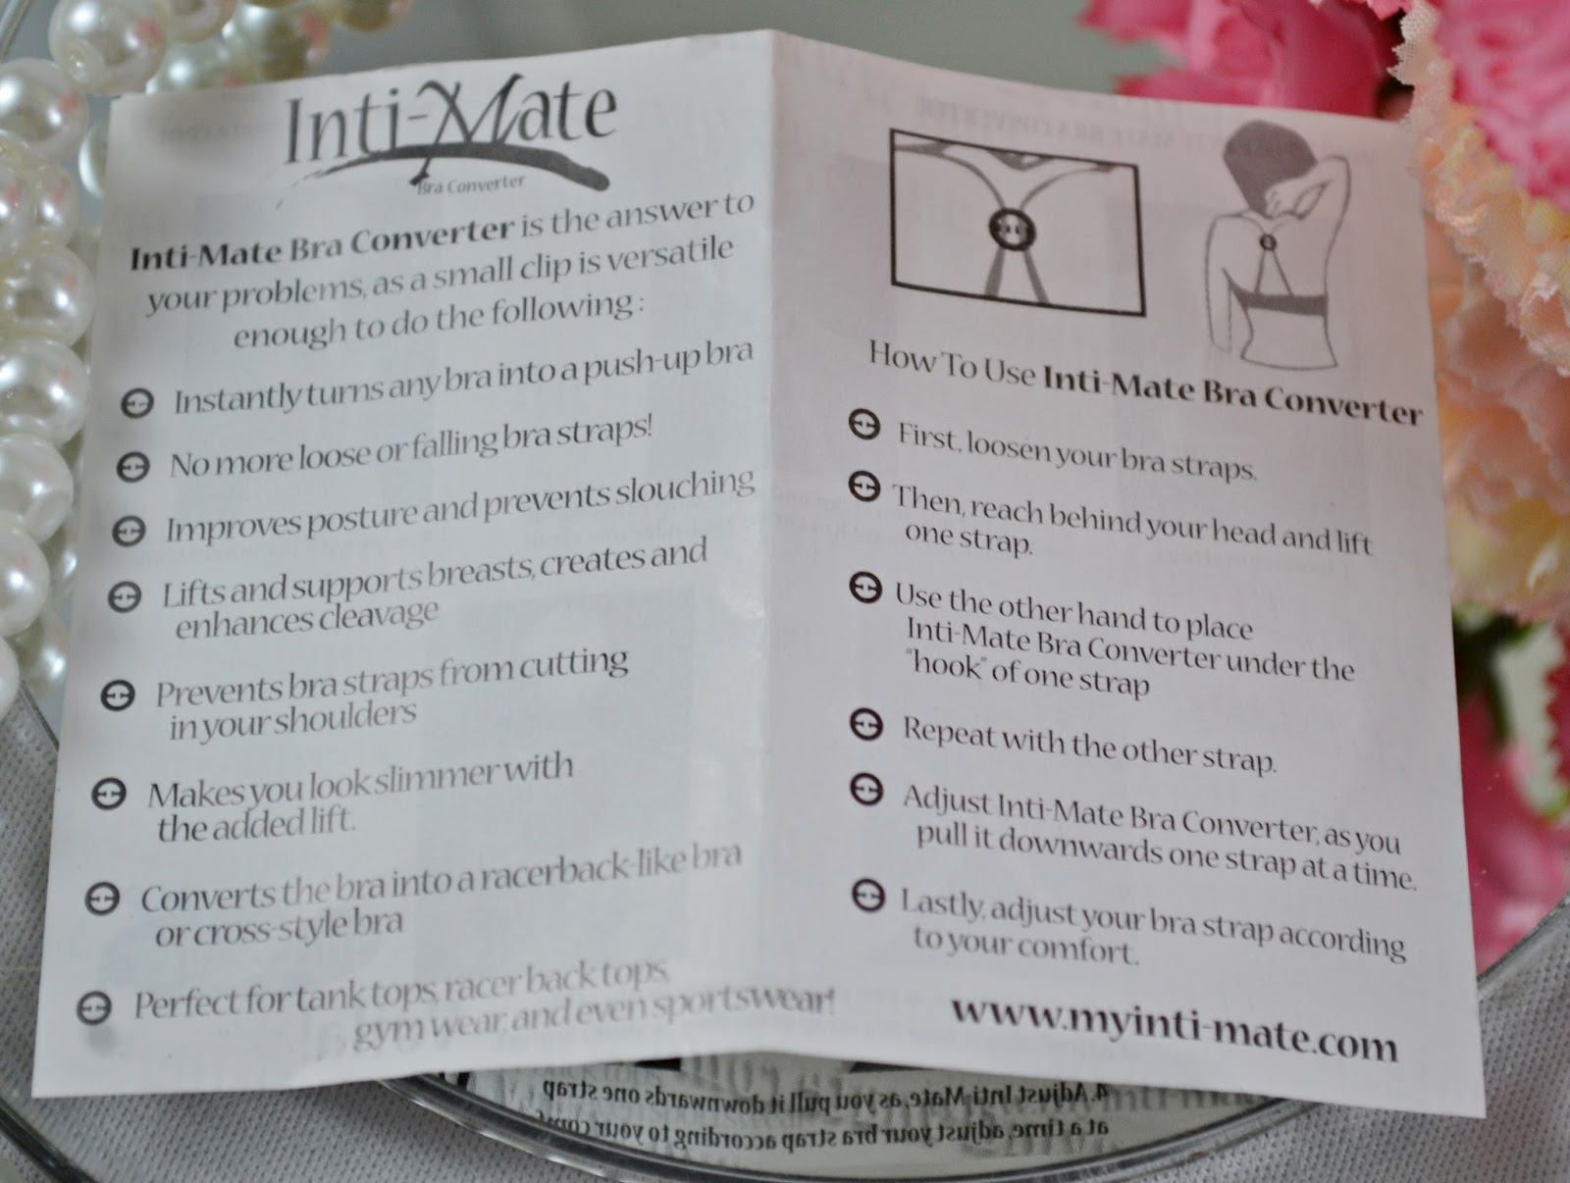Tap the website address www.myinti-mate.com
point(1174,1026)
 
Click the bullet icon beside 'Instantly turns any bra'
point(137,403)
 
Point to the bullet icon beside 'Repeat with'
point(863,725)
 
